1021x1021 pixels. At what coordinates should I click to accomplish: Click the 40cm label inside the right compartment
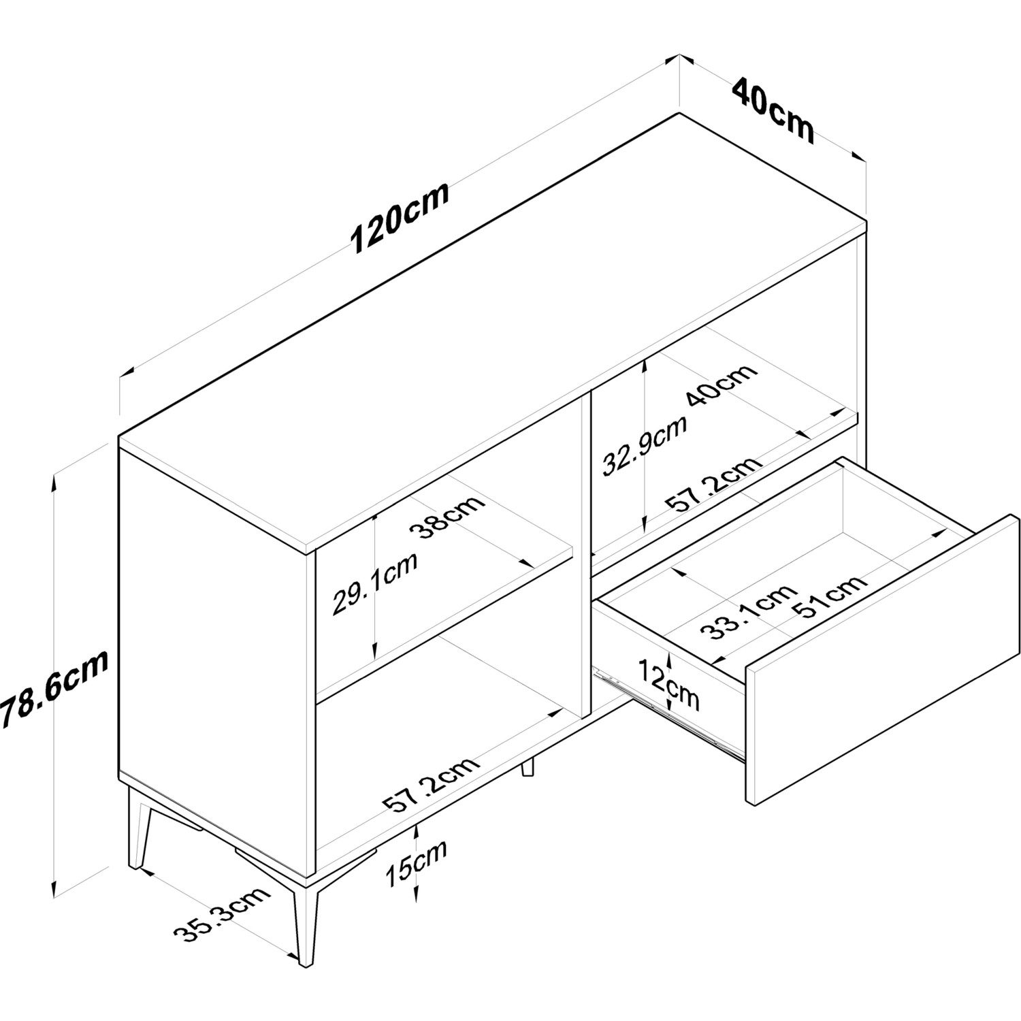click(722, 385)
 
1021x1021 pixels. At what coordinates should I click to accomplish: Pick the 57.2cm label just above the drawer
click(713, 485)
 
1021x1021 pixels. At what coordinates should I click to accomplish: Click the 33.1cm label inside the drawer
click(748, 611)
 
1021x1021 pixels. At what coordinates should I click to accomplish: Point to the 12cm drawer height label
click(668, 684)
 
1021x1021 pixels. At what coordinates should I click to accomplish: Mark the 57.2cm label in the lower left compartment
click(432, 784)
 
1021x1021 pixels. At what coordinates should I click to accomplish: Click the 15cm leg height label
click(416, 862)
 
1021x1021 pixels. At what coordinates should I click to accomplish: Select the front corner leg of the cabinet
click(306, 919)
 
